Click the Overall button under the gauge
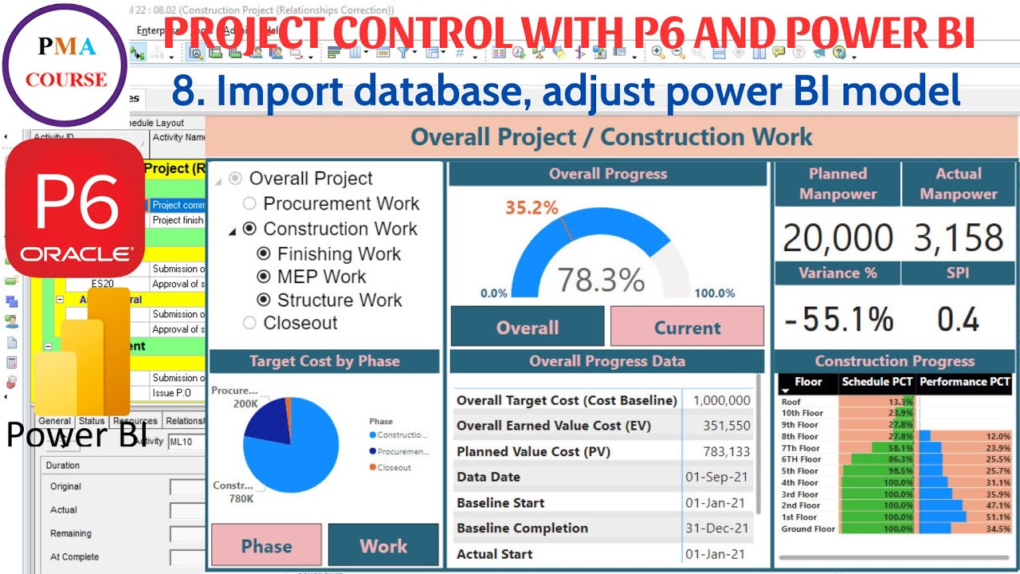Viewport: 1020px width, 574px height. (x=528, y=327)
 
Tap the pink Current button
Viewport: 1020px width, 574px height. (x=687, y=327)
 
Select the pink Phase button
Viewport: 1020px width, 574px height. (x=266, y=545)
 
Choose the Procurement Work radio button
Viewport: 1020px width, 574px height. (x=249, y=204)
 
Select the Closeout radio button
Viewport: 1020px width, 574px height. (x=249, y=323)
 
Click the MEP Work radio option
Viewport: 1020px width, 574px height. (x=264, y=277)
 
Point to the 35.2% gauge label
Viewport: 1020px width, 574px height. (x=532, y=208)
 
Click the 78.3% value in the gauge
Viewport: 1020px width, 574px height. (x=600, y=280)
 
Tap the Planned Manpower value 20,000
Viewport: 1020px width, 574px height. (x=838, y=238)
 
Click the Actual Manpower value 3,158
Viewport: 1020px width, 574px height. (x=958, y=238)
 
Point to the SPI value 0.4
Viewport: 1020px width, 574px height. (x=958, y=320)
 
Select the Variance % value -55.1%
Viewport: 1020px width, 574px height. (x=838, y=320)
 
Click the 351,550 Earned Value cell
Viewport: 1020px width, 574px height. (x=727, y=426)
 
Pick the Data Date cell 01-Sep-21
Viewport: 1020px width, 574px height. (x=717, y=477)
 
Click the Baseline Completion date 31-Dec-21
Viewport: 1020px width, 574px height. (x=717, y=528)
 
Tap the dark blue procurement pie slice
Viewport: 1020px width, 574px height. (x=267, y=423)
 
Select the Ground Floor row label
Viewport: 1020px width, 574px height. (x=808, y=529)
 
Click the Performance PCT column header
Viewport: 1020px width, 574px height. (x=964, y=382)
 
